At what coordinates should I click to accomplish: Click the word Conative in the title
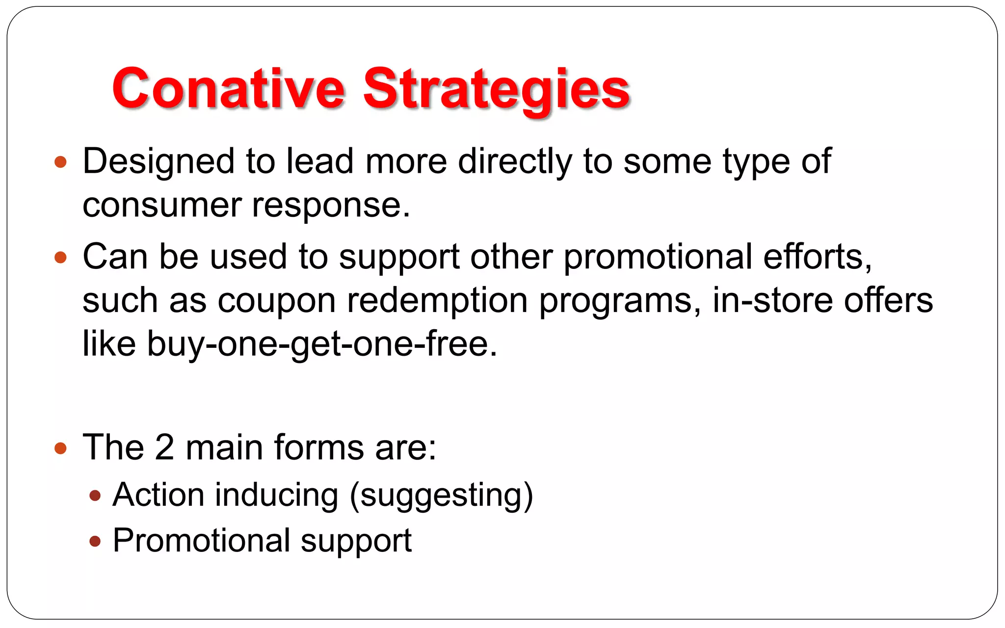[x=228, y=88]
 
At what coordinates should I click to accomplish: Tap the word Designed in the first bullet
[x=159, y=162]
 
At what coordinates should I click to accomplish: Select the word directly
[x=515, y=162]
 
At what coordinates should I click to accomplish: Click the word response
[x=331, y=205]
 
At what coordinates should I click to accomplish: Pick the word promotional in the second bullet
[x=658, y=257]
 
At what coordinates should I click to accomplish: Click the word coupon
[x=276, y=300]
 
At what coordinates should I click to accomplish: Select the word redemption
[x=437, y=300]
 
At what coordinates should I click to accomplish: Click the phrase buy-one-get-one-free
[x=322, y=343]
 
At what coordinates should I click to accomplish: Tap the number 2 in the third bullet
[x=164, y=447]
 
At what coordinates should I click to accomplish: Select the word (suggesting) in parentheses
[x=441, y=496]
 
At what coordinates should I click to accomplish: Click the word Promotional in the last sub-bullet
[x=202, y=541]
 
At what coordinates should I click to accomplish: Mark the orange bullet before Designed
[x=60, y=162]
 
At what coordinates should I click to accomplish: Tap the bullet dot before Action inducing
[x=95, y=496]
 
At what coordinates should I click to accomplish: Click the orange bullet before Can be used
[x=60, y=257]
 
